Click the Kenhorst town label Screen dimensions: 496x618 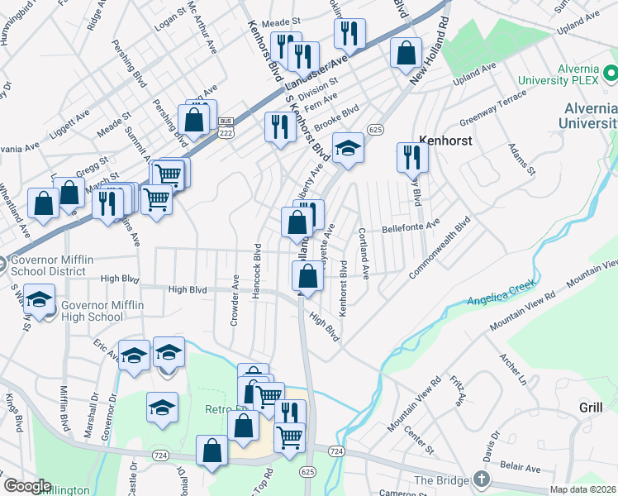[445, 141]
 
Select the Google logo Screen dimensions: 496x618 [26, 486]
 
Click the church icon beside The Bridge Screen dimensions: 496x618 [481, 479]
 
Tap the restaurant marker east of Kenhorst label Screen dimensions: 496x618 [411, 156]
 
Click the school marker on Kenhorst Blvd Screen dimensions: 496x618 [349, 149]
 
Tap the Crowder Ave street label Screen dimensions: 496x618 [236, 300]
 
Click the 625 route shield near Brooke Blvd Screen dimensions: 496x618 [376, 130]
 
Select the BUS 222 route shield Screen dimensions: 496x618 [225, 126]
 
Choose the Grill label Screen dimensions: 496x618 [591, 408]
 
